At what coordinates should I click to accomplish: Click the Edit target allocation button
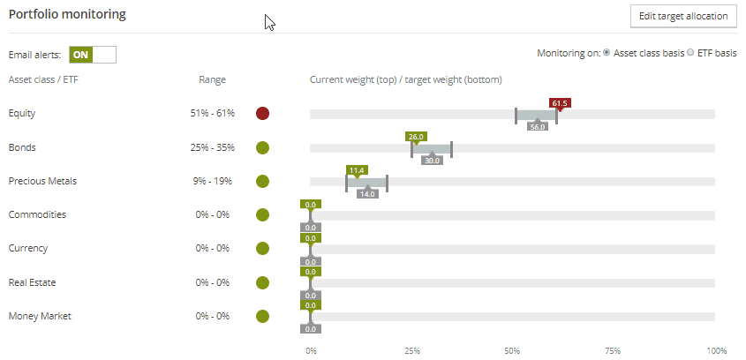(682, 16)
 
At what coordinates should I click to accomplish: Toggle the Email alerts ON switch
(93, 55)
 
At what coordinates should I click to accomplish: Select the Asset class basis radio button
(607, 54)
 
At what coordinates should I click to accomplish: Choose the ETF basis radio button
(690, 54)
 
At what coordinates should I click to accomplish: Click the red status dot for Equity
(262, 114)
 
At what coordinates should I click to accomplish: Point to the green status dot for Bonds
(262, 147)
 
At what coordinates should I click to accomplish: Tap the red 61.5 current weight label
(559, 103)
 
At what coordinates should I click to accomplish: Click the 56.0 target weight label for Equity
(538, 127)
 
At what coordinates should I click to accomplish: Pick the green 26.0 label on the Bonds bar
(416, 137)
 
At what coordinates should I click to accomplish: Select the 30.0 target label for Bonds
(432, 161)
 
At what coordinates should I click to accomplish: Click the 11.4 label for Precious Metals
(357, 170)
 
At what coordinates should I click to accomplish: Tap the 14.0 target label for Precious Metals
(367, 194)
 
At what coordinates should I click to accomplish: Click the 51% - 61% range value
(212, 114)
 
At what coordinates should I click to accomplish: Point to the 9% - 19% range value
(212, 181)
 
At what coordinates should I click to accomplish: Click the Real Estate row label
(32, 282)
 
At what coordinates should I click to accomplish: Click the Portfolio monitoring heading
(67, 15)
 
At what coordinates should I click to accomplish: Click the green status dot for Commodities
(262, 214)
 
